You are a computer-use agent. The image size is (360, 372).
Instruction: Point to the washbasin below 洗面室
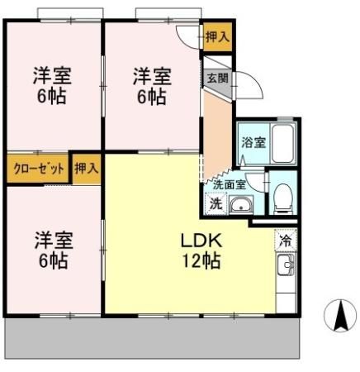[241, 205]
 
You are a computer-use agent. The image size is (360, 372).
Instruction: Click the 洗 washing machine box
[215, 203]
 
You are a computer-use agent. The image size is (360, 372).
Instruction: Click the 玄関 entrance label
[217, 79]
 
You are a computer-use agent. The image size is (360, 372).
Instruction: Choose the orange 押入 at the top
[217, 38]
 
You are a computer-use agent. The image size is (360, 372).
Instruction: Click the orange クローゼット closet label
[39, 168]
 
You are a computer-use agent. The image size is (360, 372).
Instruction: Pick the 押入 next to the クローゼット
[86, 168]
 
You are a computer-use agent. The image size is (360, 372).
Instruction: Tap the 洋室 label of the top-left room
[51, 75]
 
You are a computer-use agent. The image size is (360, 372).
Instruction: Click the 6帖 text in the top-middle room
[152, 96]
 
